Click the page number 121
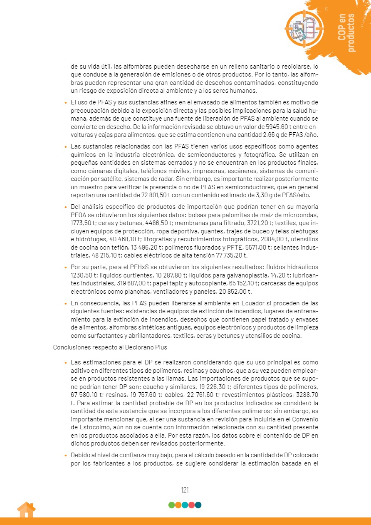[185, 490]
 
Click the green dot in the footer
[172, 505]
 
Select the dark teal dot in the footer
[198, 505]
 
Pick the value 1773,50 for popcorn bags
[81, 222]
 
